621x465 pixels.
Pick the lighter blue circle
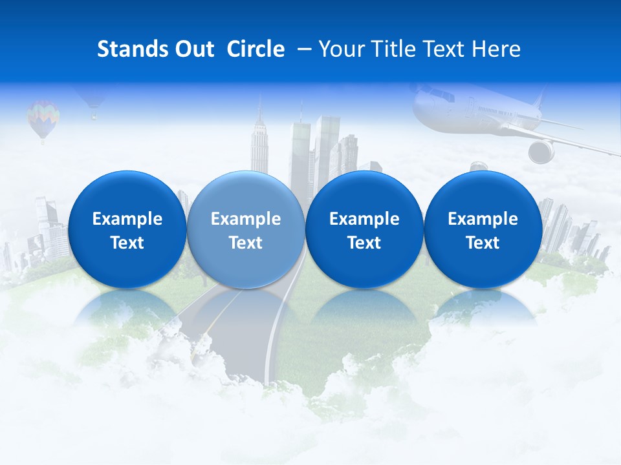(x=245, y=229)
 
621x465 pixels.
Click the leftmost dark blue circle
(x=127, y=229)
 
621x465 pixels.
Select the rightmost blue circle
(x=483, y=229)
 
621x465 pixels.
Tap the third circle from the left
(x=364, y=229)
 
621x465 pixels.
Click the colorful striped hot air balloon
(x=43, y=118)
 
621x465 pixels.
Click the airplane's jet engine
(x=541, y=152)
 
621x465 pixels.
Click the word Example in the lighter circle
(x=245, y=219)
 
